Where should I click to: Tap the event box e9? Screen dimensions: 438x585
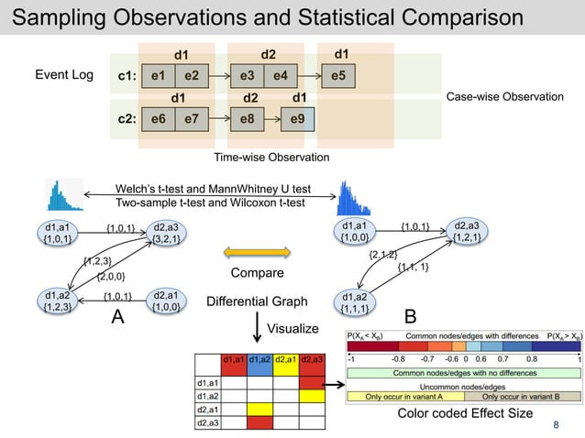pyautogui.click(x=296, y=118)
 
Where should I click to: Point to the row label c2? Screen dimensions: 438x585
pyautogui.click(x=127, y=118)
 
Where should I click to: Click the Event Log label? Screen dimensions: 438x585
pyautogui.click(x=63, y=74)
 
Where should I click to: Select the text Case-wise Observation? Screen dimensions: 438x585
pyautogui.click(x=504, y=96)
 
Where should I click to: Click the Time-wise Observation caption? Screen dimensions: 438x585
pyautogui.click(x=270, y=158)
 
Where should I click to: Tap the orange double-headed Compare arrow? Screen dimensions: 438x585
pyautogui.click(x=250, y=251)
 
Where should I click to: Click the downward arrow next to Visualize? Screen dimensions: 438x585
pyautogui.click(x=256, y=325)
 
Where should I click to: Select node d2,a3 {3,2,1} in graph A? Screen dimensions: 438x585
pyautogui.click(x=165, y=234)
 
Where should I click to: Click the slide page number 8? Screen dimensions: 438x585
pyautogui.click(x=555, y=424)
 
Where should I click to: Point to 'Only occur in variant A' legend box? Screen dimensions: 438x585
pyautogui.click(x=404, y=396)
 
